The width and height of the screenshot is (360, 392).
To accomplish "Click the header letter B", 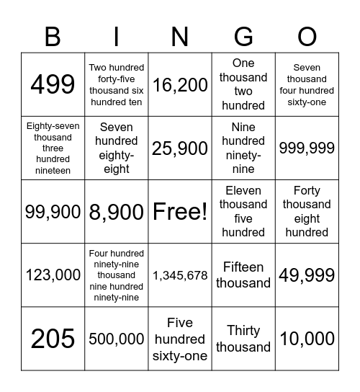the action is (x=53, y=35).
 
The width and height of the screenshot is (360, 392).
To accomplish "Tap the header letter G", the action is (x=243, y=35).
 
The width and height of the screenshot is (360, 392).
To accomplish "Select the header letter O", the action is (x=307, y=35).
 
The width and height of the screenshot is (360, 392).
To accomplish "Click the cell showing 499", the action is (x=53, y=84).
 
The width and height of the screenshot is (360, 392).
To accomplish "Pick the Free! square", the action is (x=180, y=211).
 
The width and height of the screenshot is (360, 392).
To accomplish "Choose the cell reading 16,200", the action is (x=180, y=84).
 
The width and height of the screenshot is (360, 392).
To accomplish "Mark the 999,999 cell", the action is (x=307, y=148).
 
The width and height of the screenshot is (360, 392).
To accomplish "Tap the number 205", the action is (x=53, y=338).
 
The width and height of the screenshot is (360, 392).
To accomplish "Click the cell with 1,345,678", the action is (x=180, y=275).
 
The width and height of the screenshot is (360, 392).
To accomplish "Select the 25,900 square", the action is (x=180, y=148).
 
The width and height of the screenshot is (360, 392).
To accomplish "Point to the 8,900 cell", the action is (x=117, y=211).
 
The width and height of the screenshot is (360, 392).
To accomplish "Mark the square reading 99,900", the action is (x=53, y=211).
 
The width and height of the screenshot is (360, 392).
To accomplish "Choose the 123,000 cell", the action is (x=53, y=275).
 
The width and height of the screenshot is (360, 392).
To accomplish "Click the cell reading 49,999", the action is (x=307, y=275).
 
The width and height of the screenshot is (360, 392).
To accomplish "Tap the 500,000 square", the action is (x=117, y=338).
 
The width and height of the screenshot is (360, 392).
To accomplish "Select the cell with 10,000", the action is (x=307, y=338).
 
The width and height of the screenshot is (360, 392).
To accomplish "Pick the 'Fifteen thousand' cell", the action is (x=243, y=275).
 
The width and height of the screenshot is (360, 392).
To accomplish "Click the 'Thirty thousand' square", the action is (x=243, y=338).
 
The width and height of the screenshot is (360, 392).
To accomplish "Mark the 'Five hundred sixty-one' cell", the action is (x=180, y=338).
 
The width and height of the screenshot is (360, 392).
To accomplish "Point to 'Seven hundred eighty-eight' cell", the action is (x=117, y=148).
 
